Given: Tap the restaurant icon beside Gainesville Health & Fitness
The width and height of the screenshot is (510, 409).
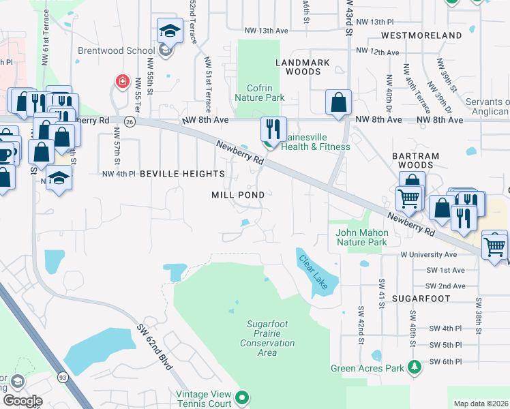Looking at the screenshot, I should click(x=273, y=128).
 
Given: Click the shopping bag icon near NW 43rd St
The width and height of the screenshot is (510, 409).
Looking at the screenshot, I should click(x=339, y=103).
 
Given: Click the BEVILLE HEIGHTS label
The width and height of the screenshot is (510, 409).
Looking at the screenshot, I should click(x=182, y=174).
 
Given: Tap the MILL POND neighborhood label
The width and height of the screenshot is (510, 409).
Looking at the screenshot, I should click(x=237, y=195).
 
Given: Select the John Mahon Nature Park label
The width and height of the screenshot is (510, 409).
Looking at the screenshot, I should click(x=361, y=237).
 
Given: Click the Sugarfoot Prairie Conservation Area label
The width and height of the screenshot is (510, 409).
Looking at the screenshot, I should click(x=267, y=343).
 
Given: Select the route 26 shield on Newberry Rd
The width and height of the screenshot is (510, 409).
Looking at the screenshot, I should click(x=130, y=121).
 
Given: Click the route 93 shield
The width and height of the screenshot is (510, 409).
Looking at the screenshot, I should click(x=62, y=376).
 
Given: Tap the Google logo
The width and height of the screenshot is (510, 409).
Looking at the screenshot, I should click(x=22, y=401).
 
